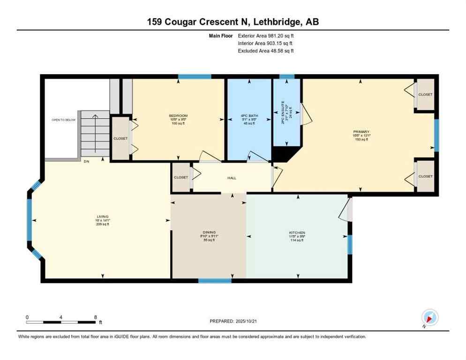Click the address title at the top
(x=233, y=22)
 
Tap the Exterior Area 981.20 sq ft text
(x=266, y=35)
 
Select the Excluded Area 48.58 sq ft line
(x=266, y=51)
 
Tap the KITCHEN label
(x=297, y=233)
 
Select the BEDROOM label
(x=178, y=116)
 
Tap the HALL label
(x=232, y=178)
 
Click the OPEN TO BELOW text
(x=63, y=120)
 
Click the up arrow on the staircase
(x=95, y=117)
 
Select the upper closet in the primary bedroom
(x=425, y=95)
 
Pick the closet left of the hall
(x=181, y=178)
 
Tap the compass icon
(x=429, y=318)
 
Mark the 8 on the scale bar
(x=96, y=317)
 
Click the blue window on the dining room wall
(x=215, y=281)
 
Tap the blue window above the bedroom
(x=194, y=76)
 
